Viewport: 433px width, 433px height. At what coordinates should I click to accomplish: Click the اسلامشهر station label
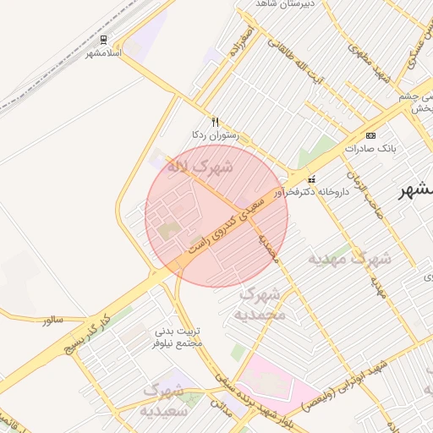(x=104, y=53)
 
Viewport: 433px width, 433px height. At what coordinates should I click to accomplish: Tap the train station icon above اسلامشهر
(x=103, y=40)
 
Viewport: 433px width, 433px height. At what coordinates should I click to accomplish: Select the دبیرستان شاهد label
(x=288, y=4)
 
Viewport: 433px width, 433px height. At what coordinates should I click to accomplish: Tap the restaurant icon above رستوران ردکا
(x=215, y=122)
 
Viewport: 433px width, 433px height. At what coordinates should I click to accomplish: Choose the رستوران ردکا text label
(x=216, y=134)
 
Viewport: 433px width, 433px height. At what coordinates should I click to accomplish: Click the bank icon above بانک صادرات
(x=370, y=135)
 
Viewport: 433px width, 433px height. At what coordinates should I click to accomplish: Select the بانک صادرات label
(x=370, y=148)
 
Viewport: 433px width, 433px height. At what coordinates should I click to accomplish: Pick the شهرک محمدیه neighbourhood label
(x=263, y=304)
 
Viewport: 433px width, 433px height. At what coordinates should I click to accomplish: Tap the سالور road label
(x=52, y=320)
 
